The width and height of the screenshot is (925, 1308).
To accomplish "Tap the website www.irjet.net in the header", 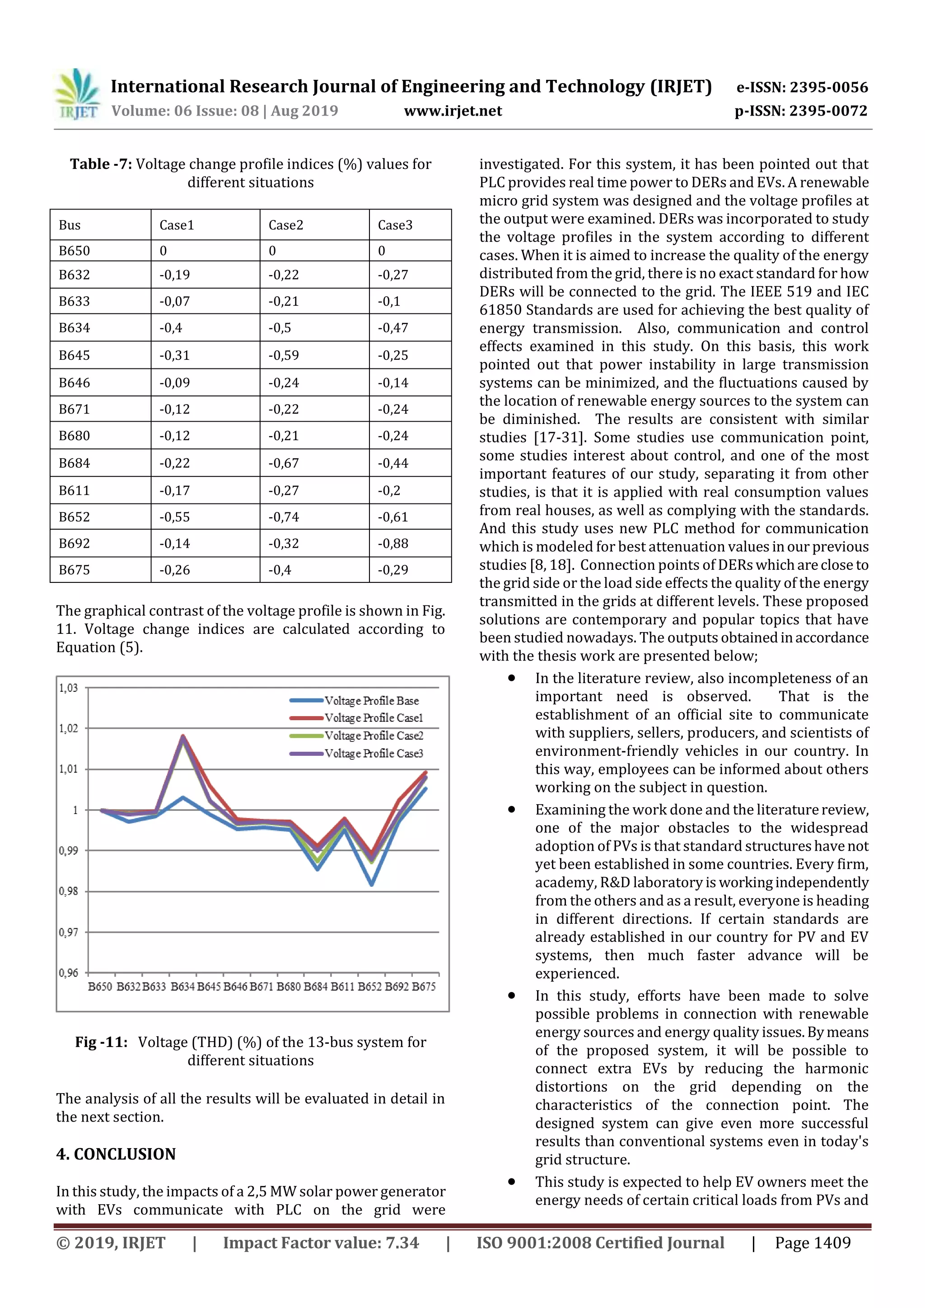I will click(453, 111).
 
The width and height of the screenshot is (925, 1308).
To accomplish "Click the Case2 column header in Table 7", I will click(285, 225).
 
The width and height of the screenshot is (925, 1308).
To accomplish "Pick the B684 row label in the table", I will click(74, 463).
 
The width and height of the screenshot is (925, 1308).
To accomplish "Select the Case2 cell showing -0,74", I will click(283, 517).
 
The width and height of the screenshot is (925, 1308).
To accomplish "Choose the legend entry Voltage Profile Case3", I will click(374, 753).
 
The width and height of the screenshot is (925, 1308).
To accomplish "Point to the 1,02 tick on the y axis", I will click(68, 729).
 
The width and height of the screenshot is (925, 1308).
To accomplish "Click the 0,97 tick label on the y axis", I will click(68, 933).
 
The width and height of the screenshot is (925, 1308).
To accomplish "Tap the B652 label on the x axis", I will click(369, 986).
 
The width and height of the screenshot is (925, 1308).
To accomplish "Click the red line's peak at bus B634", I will click(183, 736).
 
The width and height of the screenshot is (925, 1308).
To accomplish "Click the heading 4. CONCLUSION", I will click(116, 1154).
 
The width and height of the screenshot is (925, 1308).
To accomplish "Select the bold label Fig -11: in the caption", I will click(101, 1042).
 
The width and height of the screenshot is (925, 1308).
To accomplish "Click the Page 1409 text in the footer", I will click(812, 1243).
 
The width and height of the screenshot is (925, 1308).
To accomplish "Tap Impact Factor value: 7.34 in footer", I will click(321, 1243).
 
